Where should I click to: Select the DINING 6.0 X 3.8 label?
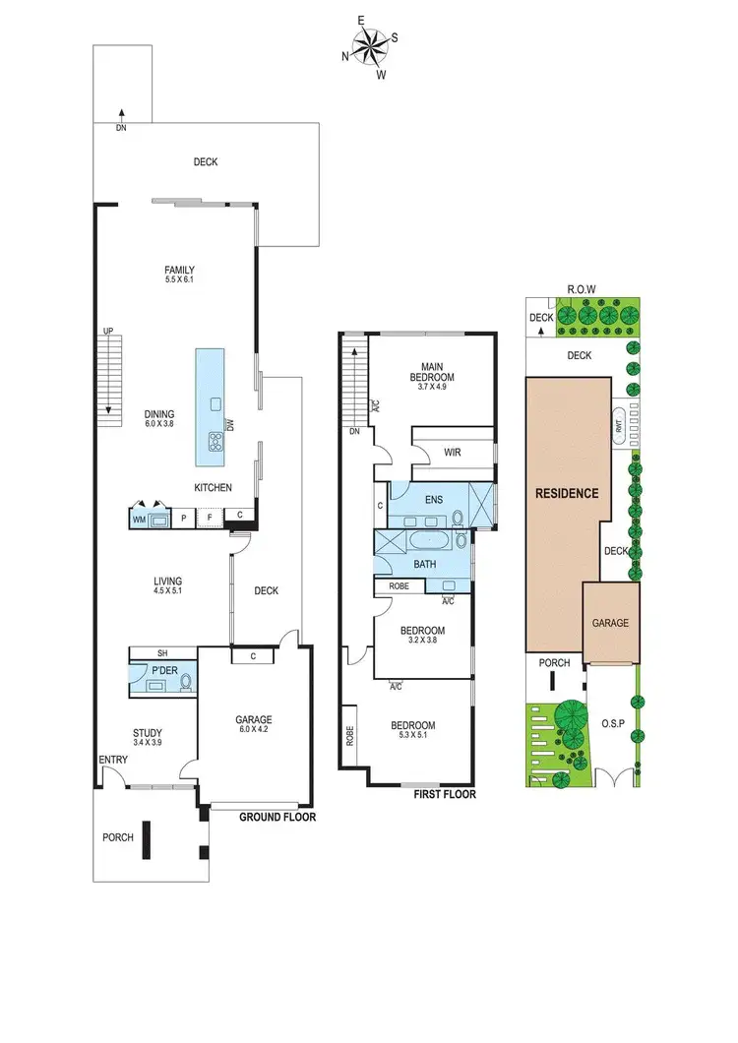click(158, 419)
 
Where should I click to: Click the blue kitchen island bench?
click(210, 407)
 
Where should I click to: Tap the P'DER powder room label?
click(161, 670)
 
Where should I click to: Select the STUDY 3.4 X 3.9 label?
click(148, 737)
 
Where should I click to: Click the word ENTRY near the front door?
click(112, 760)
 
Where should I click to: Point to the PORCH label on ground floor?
click(118, 837)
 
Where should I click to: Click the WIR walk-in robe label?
click(453, 454)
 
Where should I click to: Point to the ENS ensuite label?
click(433, 499)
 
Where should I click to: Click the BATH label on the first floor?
click(423, 566)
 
